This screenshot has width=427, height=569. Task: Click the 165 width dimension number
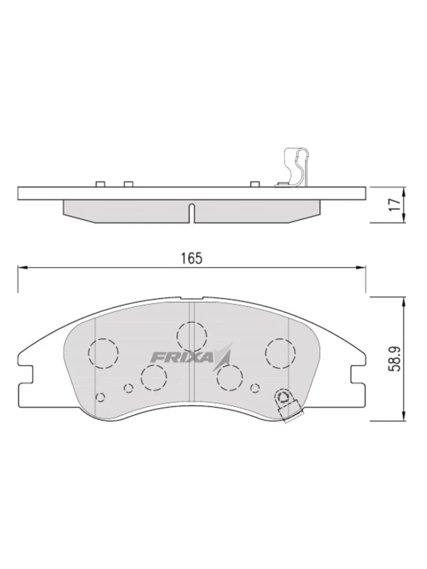192,258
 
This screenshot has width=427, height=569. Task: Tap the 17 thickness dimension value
395,205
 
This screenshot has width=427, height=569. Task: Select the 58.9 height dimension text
395,359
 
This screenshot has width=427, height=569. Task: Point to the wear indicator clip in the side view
296,167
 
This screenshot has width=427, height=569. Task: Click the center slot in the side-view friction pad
192,213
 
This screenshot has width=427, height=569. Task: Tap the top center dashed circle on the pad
192,337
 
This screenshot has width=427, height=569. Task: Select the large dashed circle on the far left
103,354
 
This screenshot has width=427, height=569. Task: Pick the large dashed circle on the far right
280,353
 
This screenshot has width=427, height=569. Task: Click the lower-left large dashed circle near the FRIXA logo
154,378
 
